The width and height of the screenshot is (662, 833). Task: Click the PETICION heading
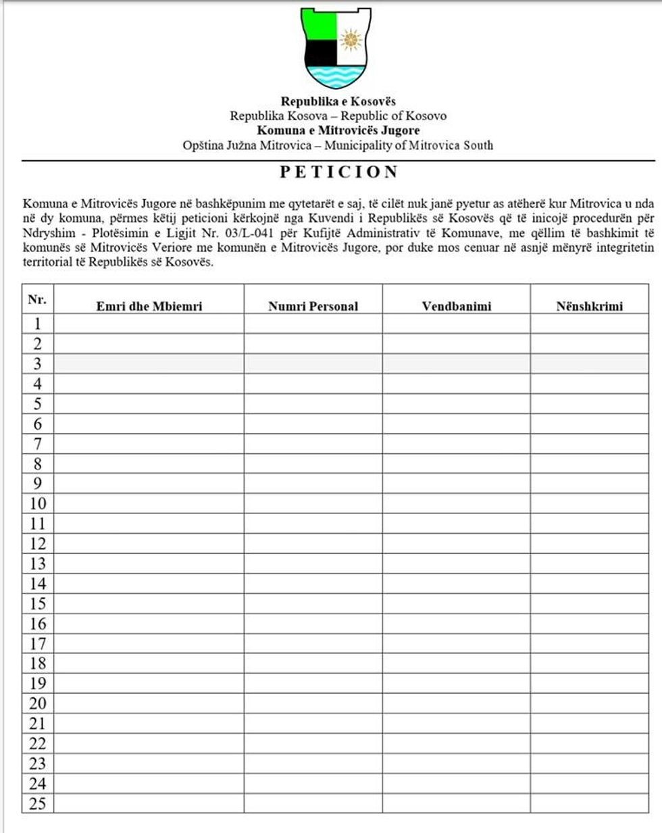[339, 172]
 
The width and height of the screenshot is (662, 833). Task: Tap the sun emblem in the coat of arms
[351, 40]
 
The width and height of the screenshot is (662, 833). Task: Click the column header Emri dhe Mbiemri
[149, 306]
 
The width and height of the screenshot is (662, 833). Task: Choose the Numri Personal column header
[313, 306]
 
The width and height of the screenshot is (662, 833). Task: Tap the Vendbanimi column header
[457, 306]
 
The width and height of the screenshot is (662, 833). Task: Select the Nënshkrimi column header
[589, 306]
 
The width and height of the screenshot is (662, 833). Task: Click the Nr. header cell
[37, 299]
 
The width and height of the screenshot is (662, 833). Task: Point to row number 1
[38, 324]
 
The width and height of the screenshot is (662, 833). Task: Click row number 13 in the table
[38, 563]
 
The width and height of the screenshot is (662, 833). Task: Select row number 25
[38, 803]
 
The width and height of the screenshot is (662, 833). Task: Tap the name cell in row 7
[149, 444]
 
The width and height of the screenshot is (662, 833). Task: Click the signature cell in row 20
[589, 703]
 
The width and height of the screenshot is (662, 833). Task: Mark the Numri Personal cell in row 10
[313, 503]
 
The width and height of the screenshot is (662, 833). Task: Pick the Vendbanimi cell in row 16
[457, 624]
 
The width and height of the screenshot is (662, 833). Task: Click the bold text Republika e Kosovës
[338, 102]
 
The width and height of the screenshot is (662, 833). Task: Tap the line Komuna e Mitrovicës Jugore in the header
[338, 130]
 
